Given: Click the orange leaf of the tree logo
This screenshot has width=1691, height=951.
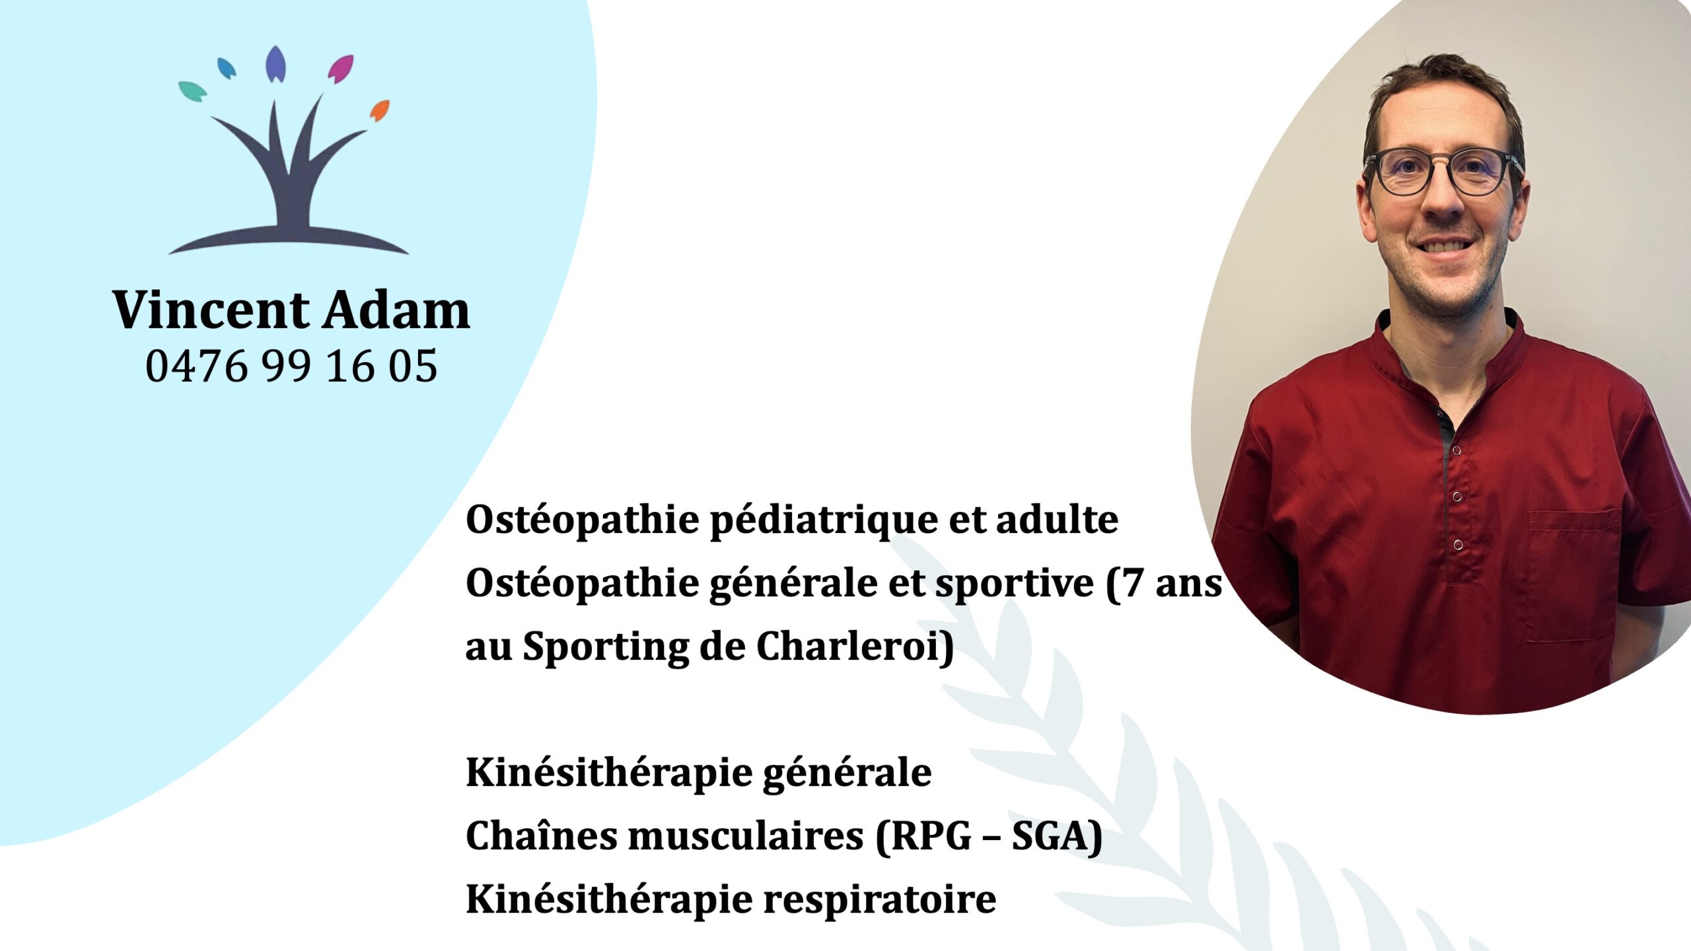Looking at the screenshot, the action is point(380,110).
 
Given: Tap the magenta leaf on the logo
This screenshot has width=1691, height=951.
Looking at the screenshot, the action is point(341,69).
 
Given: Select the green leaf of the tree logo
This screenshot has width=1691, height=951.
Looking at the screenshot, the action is point(192,92).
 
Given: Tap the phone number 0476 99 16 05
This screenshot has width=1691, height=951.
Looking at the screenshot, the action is point(291,366).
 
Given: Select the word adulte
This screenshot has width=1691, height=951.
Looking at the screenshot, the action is point(1057,520).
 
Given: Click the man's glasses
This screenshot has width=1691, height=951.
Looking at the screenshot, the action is point(1443,172).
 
